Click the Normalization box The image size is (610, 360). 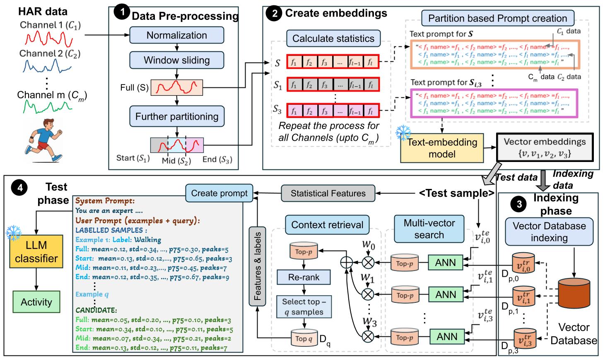(176, 35)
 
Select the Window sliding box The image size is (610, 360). (176, 60)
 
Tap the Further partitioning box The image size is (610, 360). (176, 116)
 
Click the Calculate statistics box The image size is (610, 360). (333, 39)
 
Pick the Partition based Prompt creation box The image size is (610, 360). (497, 18)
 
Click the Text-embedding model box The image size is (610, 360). (442, 148)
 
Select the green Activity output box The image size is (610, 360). (36, 302)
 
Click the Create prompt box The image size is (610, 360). (219, 193)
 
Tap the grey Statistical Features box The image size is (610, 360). (328, 193)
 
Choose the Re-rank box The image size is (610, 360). (304, 277)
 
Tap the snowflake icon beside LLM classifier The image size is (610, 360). (13, 233)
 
